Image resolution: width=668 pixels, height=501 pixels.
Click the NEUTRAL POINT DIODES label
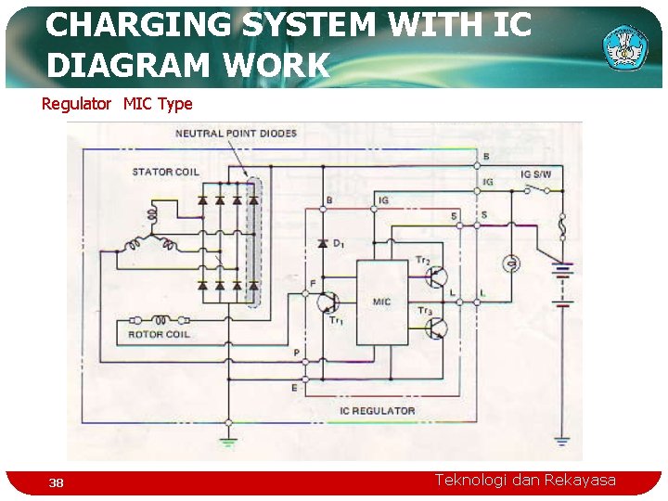coord(236,133)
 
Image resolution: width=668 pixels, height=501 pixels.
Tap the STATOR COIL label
coord(165,172)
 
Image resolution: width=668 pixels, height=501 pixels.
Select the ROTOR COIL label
coord(159,334)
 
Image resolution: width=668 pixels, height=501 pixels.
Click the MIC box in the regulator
coord(381,302)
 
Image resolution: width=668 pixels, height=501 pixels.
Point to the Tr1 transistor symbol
coord(326,302)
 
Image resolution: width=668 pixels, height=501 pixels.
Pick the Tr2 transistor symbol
coord(437,276)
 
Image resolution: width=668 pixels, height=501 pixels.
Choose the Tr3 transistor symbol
coord(437,328)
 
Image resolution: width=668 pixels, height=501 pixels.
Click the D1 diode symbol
coord(322,243)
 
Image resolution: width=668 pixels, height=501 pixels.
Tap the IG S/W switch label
coord(535,173)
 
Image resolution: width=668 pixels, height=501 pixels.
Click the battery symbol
coord(562,284)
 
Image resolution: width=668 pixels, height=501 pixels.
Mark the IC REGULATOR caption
coord(377,410)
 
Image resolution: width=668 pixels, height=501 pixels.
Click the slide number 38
coord(57,482)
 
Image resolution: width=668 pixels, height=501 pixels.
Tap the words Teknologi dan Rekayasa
coord(525,480)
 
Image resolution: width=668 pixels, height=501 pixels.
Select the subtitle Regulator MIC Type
coord(117,104)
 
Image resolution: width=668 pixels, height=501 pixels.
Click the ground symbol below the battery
coord(562,441)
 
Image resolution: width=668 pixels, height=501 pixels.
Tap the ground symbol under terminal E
coord(227,424)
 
